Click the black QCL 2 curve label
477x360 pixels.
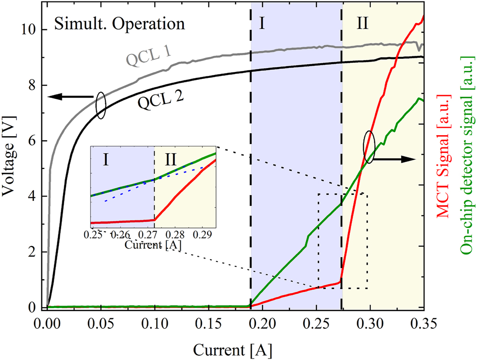coord(161,101)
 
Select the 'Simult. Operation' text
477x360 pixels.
coord(119,24)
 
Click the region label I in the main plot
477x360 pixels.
coord(262,24)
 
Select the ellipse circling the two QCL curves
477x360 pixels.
coord(100,105)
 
